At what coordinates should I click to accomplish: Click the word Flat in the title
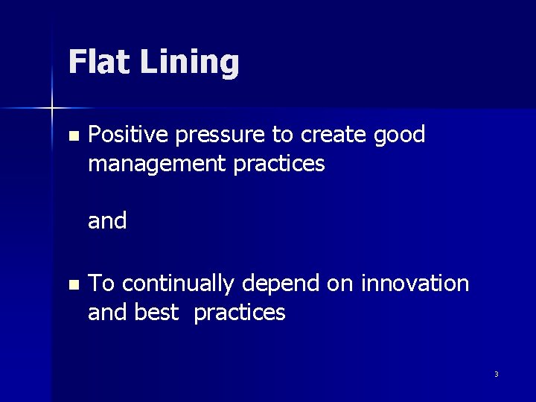(x=98, y=62)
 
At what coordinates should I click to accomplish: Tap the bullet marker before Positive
(x=72, y=136)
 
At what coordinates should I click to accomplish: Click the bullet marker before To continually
(x=72, y=285)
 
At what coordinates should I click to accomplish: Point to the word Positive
(x=127, y=135)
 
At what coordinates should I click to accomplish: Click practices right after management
(x=279, y=164)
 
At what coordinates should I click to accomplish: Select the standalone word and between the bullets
(x=107, y=221)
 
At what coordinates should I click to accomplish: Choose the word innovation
(x=415, y=284)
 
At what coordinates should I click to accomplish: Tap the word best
(x=156, y=313)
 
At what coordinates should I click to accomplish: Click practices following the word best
(x=240, y=313)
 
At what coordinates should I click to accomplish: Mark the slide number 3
(x=496, y=374)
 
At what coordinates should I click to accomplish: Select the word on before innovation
(x=343, y=284)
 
